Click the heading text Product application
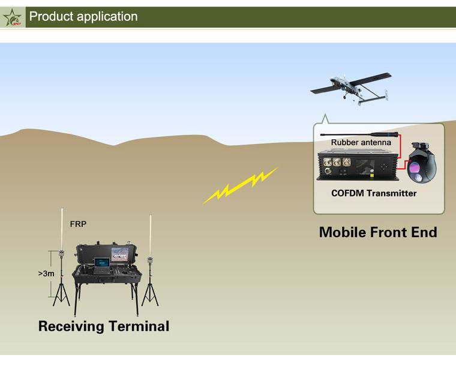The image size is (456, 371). (83, 17)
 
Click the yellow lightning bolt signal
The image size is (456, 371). (241, 185)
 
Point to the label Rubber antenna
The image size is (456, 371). (361, 142)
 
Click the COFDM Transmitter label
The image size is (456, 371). (374, 193)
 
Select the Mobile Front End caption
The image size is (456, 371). (378, 232)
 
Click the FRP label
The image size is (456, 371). (79, 223)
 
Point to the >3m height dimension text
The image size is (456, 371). (46, 273)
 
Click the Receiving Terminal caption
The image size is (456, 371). (104, 327)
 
